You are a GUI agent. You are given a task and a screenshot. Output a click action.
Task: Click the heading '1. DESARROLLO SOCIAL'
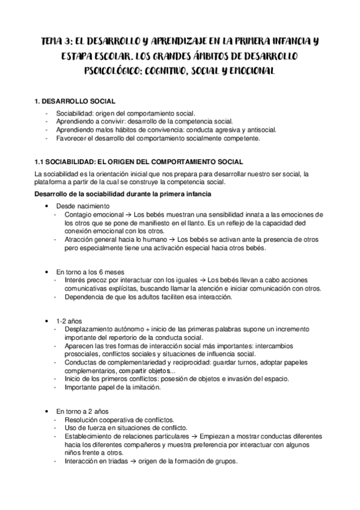(x=75, y=103)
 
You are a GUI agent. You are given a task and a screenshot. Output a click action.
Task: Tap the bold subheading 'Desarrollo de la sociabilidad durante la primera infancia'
(x=123, y=193)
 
